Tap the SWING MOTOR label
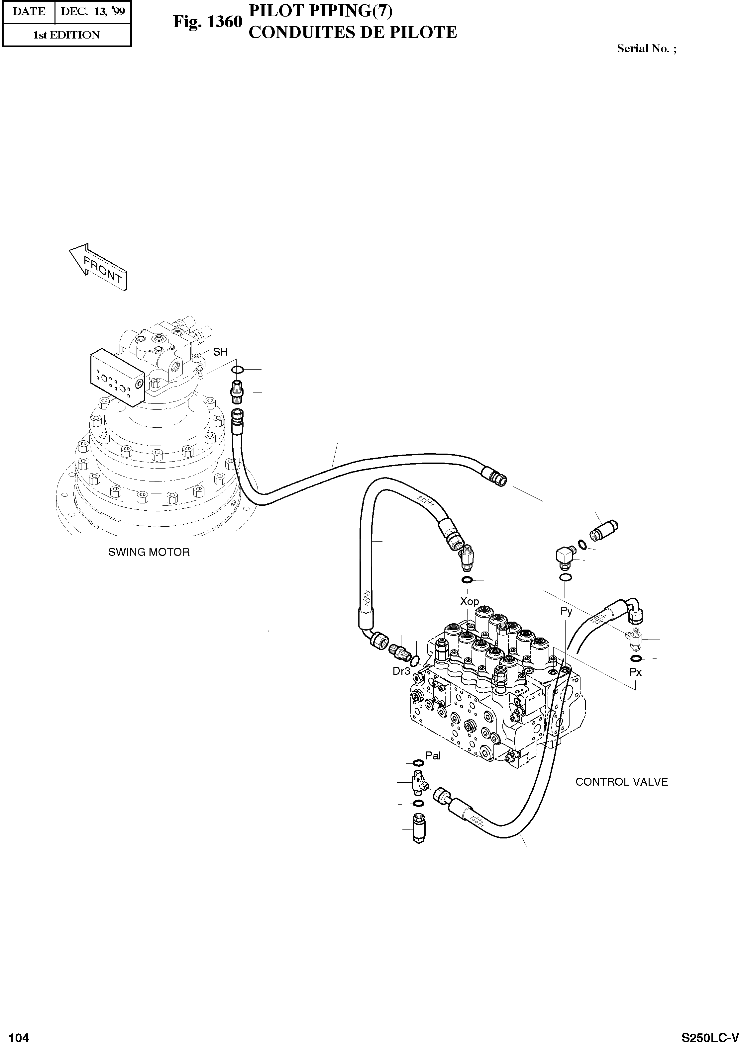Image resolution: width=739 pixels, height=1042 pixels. point(149,552)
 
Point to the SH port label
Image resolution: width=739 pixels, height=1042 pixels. point(220,352)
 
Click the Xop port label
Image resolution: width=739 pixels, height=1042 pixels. point(469,601)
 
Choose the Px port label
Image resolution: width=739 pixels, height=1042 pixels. point(635,672)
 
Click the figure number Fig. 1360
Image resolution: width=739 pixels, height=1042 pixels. point(207,22)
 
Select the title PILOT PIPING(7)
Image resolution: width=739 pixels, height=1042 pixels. point(320,11)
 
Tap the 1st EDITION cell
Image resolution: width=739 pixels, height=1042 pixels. point(66,35)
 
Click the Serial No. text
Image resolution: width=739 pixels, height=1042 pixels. point(646,48)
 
